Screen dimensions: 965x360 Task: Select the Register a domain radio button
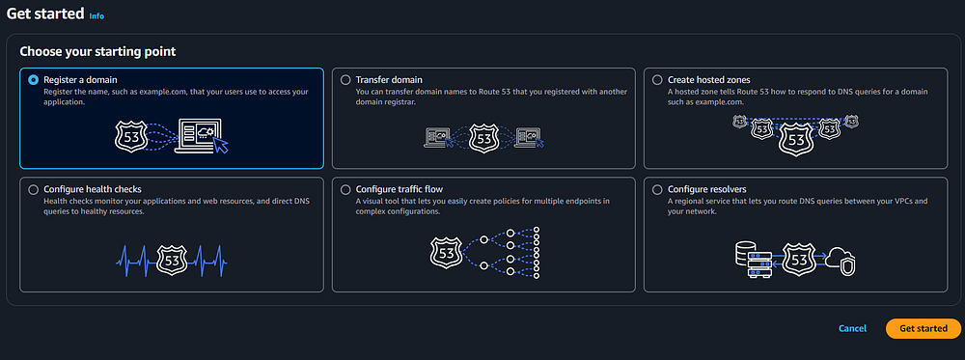[x=33, y=80]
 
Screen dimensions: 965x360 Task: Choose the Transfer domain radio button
[x=345, y=80]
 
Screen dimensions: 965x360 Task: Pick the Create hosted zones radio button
[x=657, y=80]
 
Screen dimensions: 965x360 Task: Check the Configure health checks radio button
[x=33, y=189]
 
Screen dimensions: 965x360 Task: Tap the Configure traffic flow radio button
[x=345, y=189]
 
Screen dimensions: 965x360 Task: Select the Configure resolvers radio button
[x=657, y=189]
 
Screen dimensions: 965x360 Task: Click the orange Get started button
[x=924, y=328]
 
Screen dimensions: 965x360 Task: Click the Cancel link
[x=852, y=328]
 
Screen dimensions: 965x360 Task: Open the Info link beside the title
[x=96, y=16]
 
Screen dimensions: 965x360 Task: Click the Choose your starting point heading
[x=97, y=52]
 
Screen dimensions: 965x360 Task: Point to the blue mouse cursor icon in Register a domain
[x=221, y=145]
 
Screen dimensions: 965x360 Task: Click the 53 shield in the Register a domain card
[x=131, y=137]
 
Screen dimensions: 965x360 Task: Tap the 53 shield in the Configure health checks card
[x=172, y=261]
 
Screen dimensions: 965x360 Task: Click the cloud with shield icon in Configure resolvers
[x=842, y=262]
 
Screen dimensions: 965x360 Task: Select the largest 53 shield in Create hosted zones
[x=795, y=139]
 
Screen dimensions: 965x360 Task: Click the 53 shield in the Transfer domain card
[x=483, y=138]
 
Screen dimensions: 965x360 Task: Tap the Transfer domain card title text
[x=389, y=80]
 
